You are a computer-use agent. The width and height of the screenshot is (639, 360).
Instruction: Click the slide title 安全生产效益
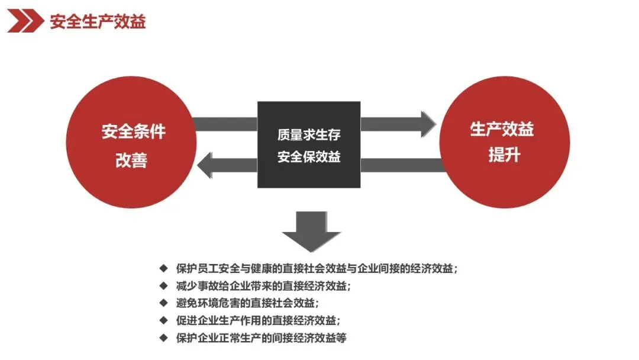click(98, 22)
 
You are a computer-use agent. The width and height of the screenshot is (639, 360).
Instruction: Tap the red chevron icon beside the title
click(25, 22)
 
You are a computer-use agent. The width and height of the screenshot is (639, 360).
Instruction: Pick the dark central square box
click(309, 145)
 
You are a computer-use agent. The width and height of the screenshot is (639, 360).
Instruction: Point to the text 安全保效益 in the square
click(309, 157)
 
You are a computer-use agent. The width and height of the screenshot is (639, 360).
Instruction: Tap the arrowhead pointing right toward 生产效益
click(427, 124)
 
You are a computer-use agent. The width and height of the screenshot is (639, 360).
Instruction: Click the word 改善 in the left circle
click(131, 160)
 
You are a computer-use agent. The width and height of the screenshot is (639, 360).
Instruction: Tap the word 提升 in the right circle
click(504, 155)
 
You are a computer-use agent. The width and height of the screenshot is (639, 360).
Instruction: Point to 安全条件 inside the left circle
click(133, 132)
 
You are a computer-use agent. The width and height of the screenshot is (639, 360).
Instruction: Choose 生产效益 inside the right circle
click(502, 129)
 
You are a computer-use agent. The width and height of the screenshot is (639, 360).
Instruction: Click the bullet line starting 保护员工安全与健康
click(317, 268)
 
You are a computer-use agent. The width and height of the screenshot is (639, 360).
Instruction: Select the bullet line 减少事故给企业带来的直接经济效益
click(263, 285)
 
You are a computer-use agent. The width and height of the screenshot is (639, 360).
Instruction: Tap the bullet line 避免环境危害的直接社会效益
click(248, 303)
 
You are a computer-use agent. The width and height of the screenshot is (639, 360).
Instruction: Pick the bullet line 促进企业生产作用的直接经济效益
click(258, 320)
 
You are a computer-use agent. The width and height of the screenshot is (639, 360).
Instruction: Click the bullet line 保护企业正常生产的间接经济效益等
click(261, 338)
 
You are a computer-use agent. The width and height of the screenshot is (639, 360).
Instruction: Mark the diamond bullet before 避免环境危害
click(164, 303)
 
